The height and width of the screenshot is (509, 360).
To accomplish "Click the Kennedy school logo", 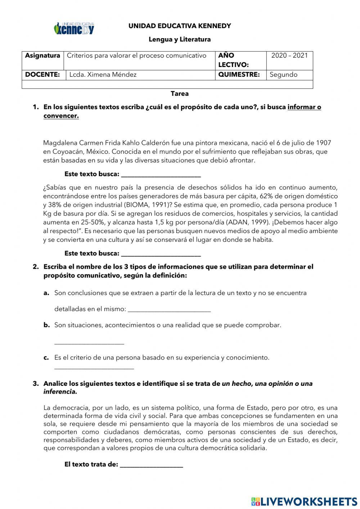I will (x=74, y=28).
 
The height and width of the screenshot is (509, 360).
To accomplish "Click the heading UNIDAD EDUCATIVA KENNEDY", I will (x=180, y=26).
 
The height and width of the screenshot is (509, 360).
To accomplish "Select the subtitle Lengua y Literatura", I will (x=180, y=39).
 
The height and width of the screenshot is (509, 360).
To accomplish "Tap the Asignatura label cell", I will (x=42, y=56).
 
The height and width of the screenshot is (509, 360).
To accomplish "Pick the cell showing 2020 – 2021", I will (x=289, y=55).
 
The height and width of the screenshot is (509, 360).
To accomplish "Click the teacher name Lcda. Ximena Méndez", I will (x=103, y=75).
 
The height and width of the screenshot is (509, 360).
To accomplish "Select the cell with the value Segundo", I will (x=284, y=75).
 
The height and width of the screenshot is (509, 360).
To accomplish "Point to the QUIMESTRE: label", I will (x=239, y=75).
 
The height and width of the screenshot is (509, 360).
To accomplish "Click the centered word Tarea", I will (x=180, y=94).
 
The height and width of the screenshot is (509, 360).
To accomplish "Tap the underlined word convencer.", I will (x=61, y=116).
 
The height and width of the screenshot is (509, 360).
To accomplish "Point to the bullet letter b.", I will (x=46, y=325).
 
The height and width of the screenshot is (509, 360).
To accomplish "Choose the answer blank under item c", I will (x=94, y=368).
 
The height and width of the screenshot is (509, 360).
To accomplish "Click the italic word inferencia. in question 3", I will (x=60, y=392).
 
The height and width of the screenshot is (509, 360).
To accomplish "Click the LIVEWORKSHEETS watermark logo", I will (x=304, y=501).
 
